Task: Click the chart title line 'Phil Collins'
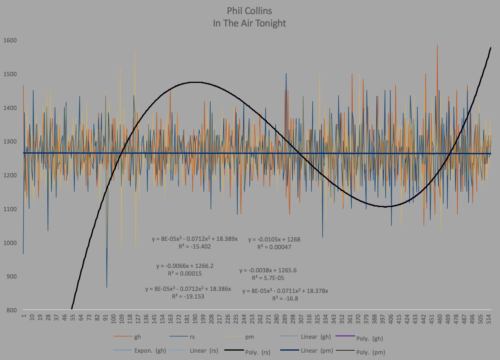[x=249, y=11]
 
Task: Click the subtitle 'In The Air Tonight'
[x=249, y=23]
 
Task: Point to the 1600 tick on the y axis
[x=10, y=40]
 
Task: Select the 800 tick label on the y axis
[x=11, y=310]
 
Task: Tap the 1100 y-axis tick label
[x=10, y=209]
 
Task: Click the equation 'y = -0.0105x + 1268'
[x=274, y=239]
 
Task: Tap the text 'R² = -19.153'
[x=188, y=296]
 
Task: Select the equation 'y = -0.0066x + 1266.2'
[x=185, y=266]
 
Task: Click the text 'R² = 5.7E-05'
[x=268, y=278]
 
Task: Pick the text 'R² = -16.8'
[x=285, y=299]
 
